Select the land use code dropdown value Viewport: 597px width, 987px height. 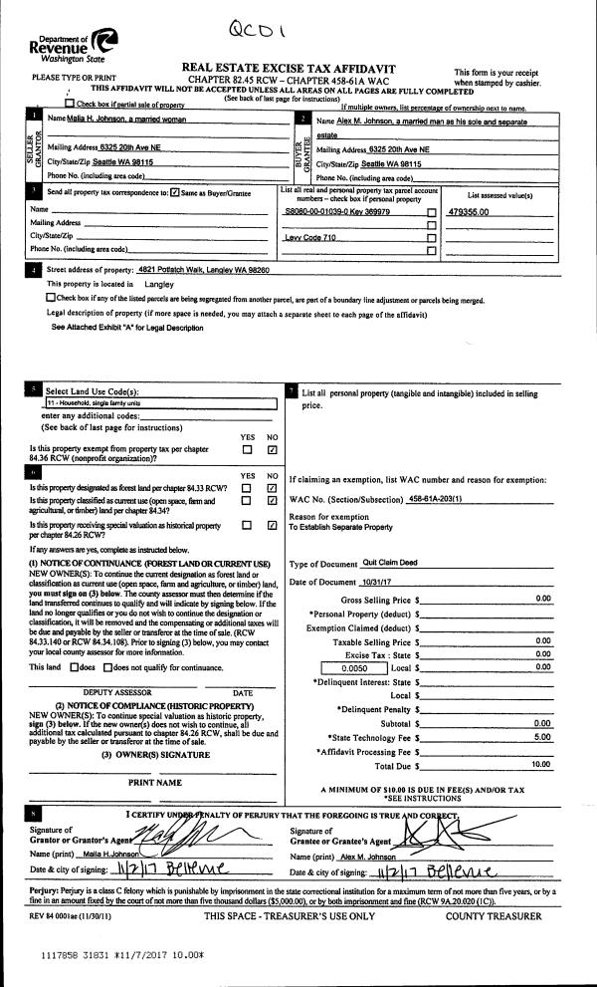tap(159, 403)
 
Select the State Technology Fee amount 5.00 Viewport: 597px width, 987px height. tap(542, 737)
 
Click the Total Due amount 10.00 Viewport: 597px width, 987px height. tap(540, 765)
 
